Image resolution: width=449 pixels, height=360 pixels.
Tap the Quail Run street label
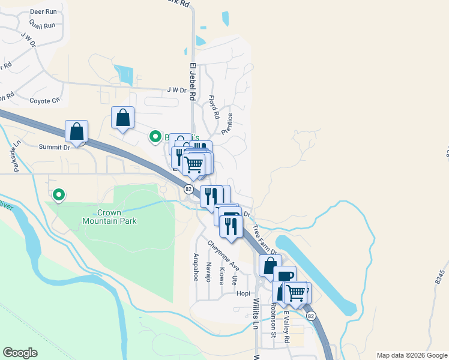point(41,25)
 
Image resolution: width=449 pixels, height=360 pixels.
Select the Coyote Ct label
point(45,101)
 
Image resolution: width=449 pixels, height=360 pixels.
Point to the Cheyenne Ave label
point(223,255)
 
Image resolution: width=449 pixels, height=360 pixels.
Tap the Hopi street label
point(243,293)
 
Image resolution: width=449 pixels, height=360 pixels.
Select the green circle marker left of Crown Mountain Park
point(59,194)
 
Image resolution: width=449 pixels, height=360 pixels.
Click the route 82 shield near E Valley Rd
point(310,316)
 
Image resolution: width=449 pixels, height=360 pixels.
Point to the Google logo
point(20,353)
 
